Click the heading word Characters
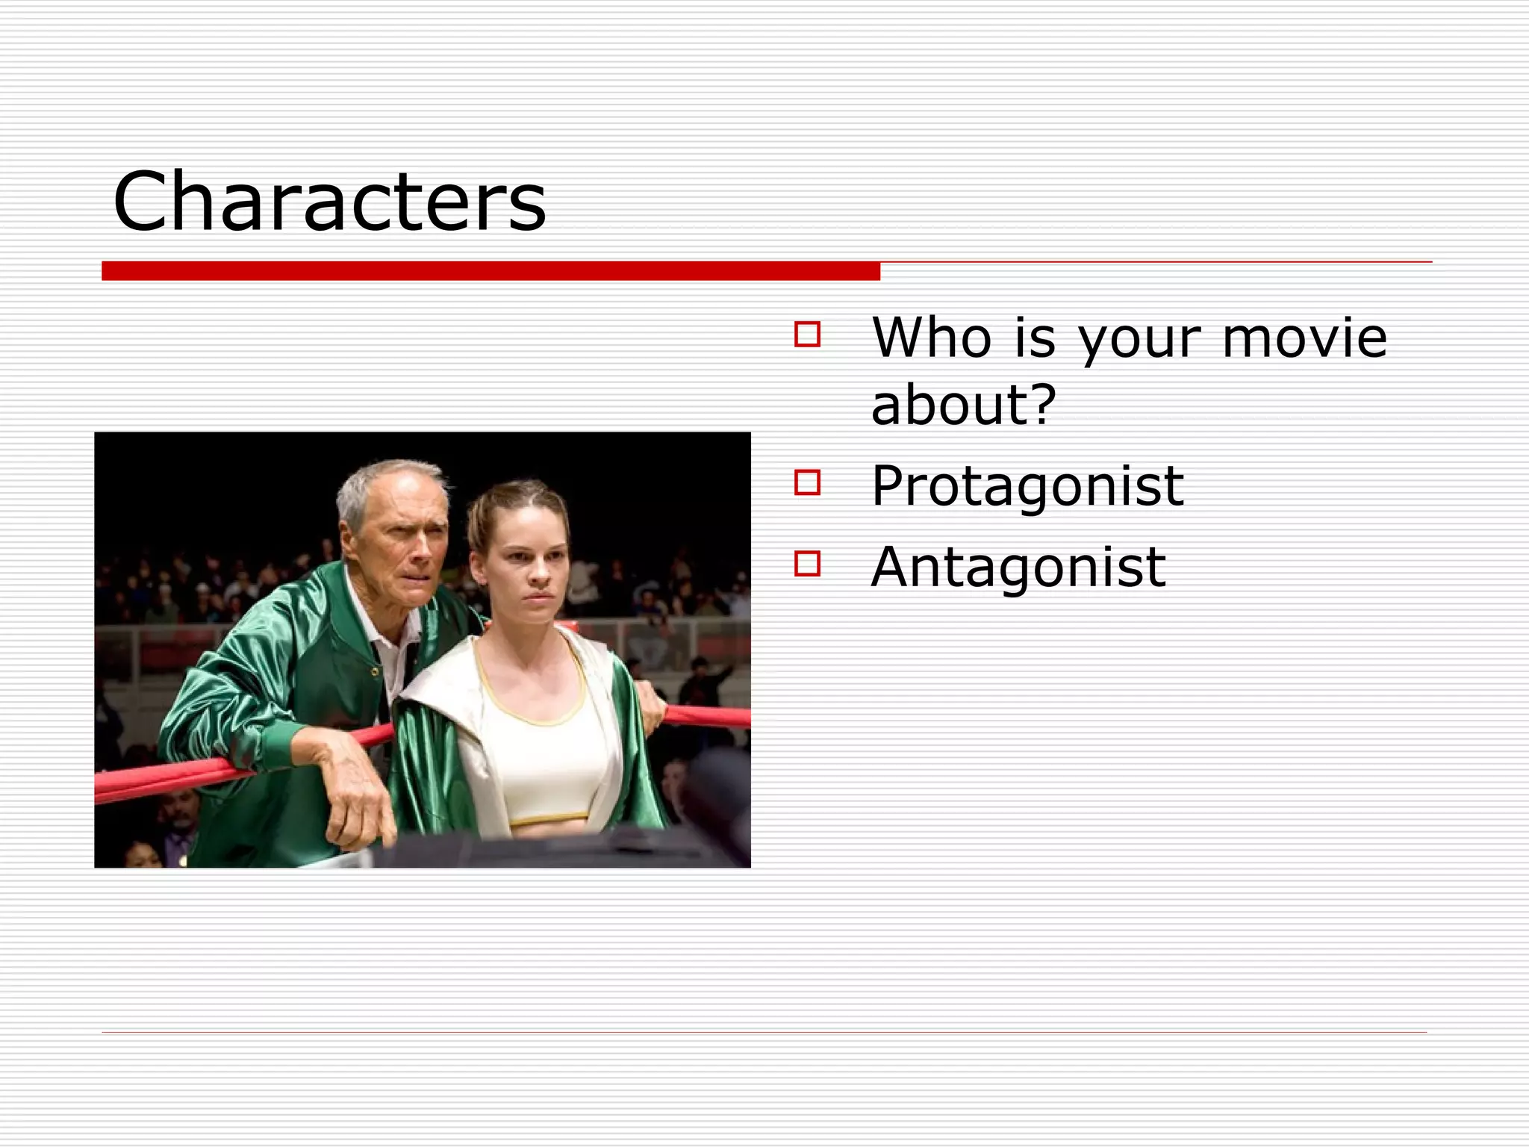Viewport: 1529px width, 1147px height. [329, 202]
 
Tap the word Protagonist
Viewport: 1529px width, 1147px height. [1027, 487]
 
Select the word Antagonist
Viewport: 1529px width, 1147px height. [1018, 568]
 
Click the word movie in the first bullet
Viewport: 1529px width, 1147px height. [1304, 338]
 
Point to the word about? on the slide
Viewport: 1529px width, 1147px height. [963, 405]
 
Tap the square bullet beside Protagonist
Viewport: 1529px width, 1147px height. [807, 482]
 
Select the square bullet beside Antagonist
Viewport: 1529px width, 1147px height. [807, 564]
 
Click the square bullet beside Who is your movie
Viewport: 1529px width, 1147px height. [807, 334]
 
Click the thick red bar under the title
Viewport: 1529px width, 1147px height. [491, 271]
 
